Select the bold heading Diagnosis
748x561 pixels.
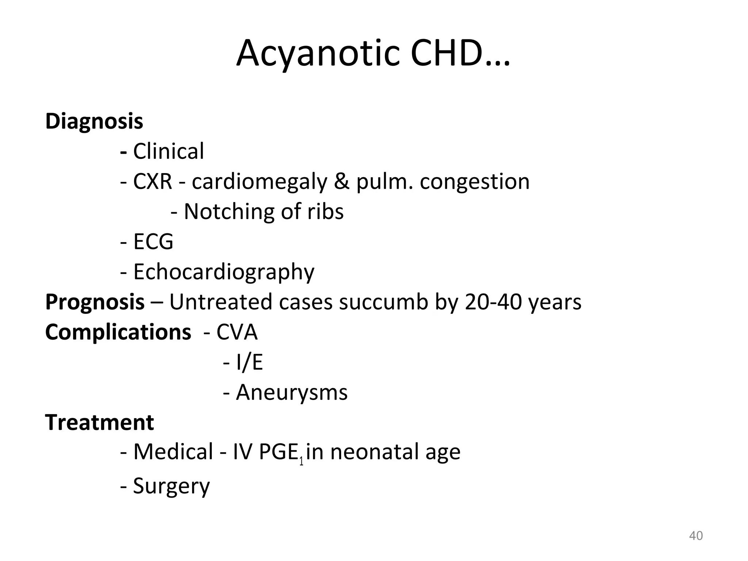click(x=94, y=121)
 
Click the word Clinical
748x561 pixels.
click(x=168, y=151)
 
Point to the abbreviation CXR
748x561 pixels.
click(x=152, y=181)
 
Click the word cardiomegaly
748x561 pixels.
click(x=259, y=182)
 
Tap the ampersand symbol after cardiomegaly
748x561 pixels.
click(x=341, y=181)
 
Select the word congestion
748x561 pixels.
click(x=474, y=182)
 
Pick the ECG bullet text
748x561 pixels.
click(x=153, y=242)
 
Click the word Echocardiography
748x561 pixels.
click(x=224, y=272)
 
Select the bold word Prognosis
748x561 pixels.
click(x=95, y=302)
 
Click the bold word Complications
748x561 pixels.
click(x=118, y=332)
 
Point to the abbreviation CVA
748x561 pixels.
click(x=237, y=332)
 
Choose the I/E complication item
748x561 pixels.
click(x=249, y=363)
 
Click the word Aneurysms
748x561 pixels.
click(x=291, y=393)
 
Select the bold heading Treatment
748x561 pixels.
click(x=99, y=423)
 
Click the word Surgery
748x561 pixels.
click(x=171, y=486)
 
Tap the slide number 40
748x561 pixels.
click(x=695, y=536)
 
